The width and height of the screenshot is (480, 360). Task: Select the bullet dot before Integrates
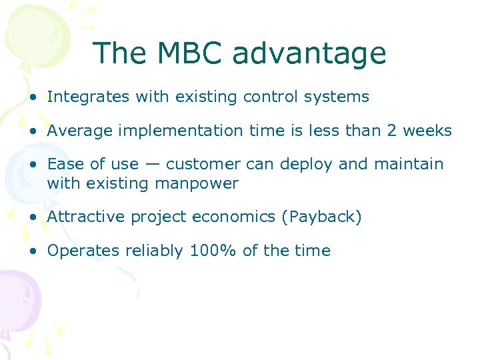tap(33, 97)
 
